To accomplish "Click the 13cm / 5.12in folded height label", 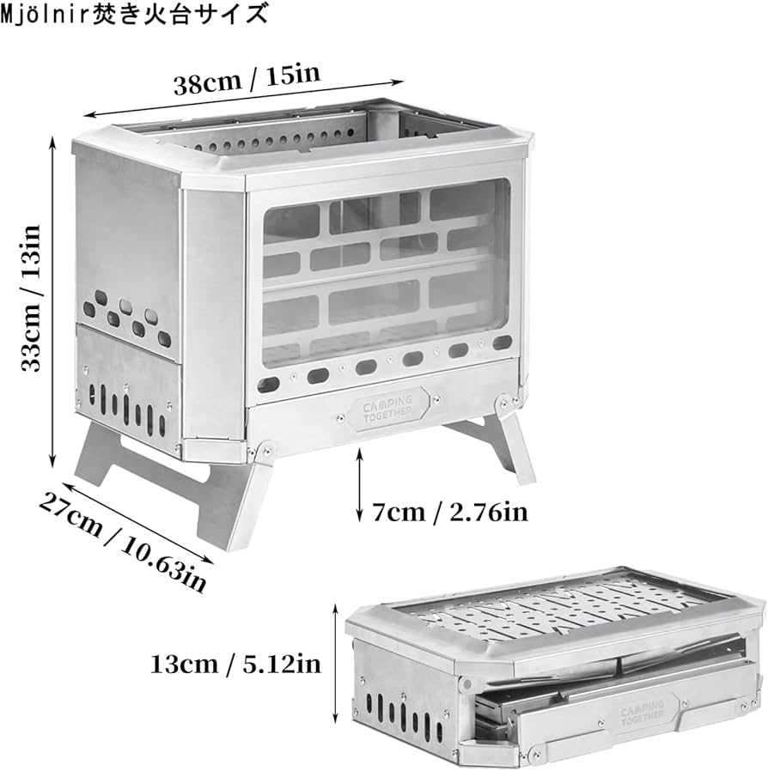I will tap(235, 663).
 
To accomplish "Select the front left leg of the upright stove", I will tap(225, 502).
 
